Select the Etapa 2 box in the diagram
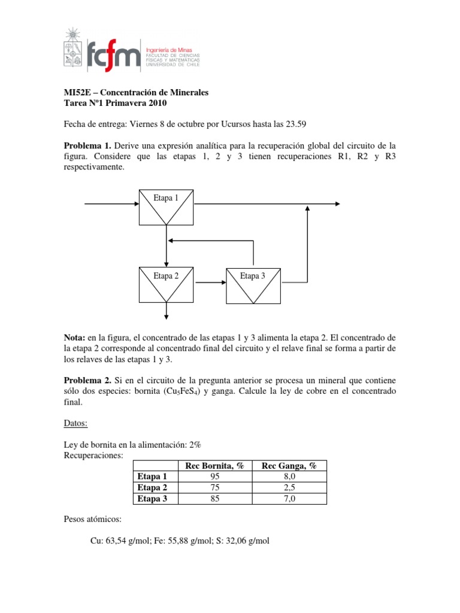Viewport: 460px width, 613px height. coord(167,284)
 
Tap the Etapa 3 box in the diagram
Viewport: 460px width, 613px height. coord(253,284)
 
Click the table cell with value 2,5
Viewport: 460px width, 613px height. coord(289,487)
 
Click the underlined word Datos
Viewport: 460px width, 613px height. coord(75,424)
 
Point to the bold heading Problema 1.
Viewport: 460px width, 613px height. coord(87,146)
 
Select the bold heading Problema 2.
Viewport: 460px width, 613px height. coord(87,381)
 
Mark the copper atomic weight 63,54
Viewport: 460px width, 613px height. coord(118,541)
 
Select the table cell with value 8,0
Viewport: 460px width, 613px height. coord(289,477)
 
